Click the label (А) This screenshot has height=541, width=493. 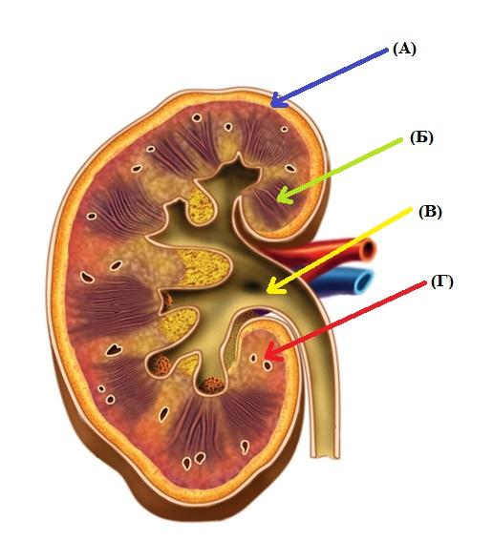[404, 50]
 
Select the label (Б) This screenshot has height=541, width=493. [421, 138]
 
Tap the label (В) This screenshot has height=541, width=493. [430, 212]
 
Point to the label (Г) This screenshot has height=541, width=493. [441, 282]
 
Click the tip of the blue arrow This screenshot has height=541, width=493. [271, 106]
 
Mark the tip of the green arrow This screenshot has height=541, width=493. [277, 201]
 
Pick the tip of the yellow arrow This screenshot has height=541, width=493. [268, 292]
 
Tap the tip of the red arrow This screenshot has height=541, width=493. [265, 359]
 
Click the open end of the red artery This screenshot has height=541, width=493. [368, 250]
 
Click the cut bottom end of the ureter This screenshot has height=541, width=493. [325, 456]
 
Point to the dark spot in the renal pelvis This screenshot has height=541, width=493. [251, 286]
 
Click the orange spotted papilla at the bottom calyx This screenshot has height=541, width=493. [212, 385]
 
